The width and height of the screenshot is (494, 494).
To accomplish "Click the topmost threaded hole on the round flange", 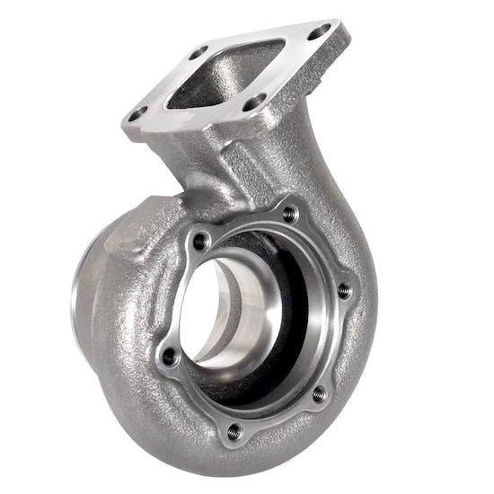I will pyautogui.click(x=289, y=214).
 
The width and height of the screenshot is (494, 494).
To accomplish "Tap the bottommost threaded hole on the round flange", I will pyautogui.click(x=234, y=431).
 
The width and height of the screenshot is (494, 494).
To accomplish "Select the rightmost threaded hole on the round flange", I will pyautogui.click(x=344, y=289).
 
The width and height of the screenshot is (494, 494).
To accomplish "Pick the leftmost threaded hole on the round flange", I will pyautogui.click(x=167, y=357).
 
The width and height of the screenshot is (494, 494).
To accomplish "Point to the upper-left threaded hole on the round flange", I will pyautogui.click(x=200, y=241).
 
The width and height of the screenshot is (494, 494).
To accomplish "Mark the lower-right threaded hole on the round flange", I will pyautogui.click(x=316, y=393).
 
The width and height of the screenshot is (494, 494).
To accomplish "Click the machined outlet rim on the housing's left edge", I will pyautogui.click(x=75, y=296).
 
